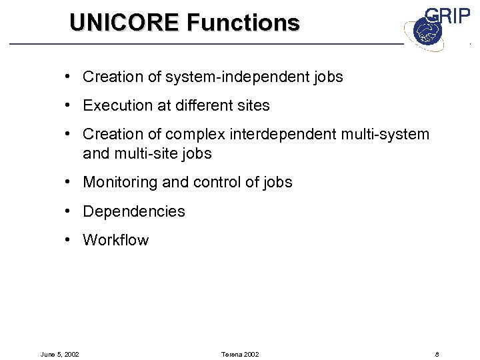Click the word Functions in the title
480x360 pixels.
pyautogui.click(x=243, y=23)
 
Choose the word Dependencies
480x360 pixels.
pyautogui.click(x=134, y=212)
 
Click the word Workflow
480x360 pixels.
pyautogui.click(x=116, y=241)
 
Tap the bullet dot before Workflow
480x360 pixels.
pyautogui.click(x=69, y=240)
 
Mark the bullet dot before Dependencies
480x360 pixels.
pyautogui.click(x=69, y=211)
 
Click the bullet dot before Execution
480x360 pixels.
pyautogui.click(x=69, y=105)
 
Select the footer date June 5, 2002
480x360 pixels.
pyautogui.click(x=61, y=354)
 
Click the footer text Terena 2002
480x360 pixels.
pyautogui.click(x=239, y=354)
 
